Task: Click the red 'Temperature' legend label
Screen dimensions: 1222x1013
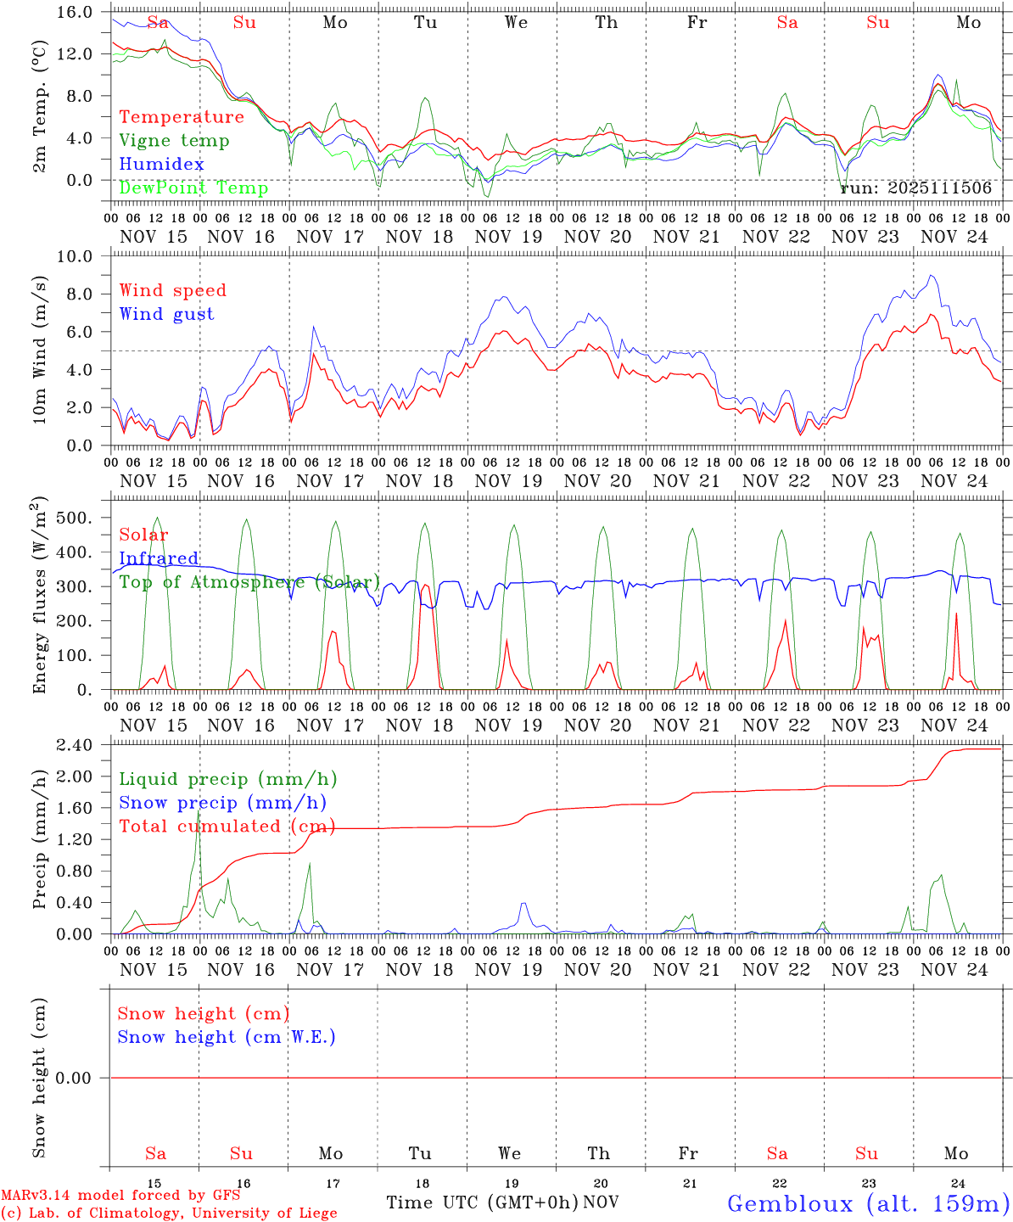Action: [x=182, y=117]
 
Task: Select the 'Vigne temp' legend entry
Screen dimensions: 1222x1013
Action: [x=174, y=141]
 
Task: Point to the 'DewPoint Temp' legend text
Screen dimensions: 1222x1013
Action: [x=193, y=188]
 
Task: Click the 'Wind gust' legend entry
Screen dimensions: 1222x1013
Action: [x=166, y=314]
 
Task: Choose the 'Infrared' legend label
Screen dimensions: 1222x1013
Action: [x=159, y=558]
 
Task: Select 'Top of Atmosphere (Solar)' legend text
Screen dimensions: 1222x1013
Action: [x=249, y=582]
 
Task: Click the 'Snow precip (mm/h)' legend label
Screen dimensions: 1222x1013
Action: [x=222, y=803]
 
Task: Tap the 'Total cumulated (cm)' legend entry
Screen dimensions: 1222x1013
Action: [x=227, y=827]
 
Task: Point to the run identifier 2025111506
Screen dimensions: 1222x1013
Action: [x=916, y=188]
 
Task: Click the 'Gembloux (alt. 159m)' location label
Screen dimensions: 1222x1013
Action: [x=868, y=1203]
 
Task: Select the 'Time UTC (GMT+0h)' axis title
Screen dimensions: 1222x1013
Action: [x=482, y=1202]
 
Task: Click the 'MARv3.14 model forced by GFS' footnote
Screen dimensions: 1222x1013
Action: [x=120, y=1196]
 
